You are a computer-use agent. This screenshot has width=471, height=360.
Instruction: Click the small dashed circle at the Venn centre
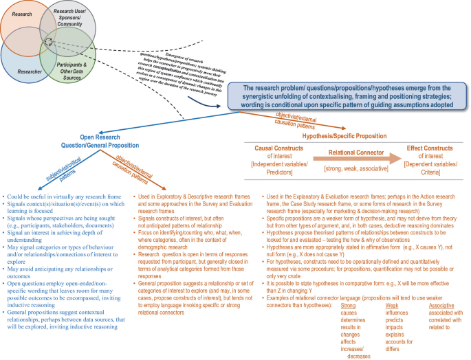pyautogui.click(x=49, y=43)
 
